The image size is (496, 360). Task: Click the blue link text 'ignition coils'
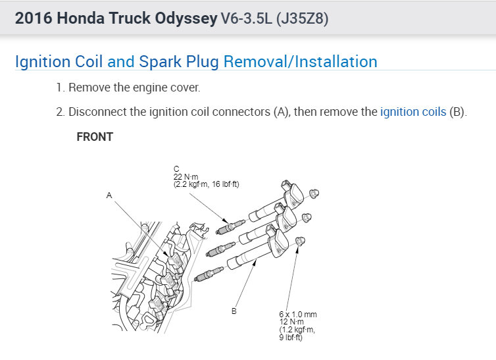(412, 112)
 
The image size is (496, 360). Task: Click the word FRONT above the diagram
(95, 137)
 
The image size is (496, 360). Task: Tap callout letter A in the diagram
(109, 195)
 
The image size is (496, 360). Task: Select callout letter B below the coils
(234, 311)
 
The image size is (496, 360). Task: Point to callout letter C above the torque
(176, 170)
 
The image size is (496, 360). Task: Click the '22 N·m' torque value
(186, 176)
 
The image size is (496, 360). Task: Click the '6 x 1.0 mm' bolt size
(297, 315)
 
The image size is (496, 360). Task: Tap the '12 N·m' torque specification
(290, 322)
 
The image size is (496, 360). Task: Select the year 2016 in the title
(33, 18)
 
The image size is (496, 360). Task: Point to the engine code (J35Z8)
(296, 18)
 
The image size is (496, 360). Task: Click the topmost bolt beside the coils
(314, 193)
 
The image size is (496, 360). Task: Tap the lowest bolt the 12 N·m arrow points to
(299, 241)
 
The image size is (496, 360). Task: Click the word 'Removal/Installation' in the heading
(300, 62)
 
